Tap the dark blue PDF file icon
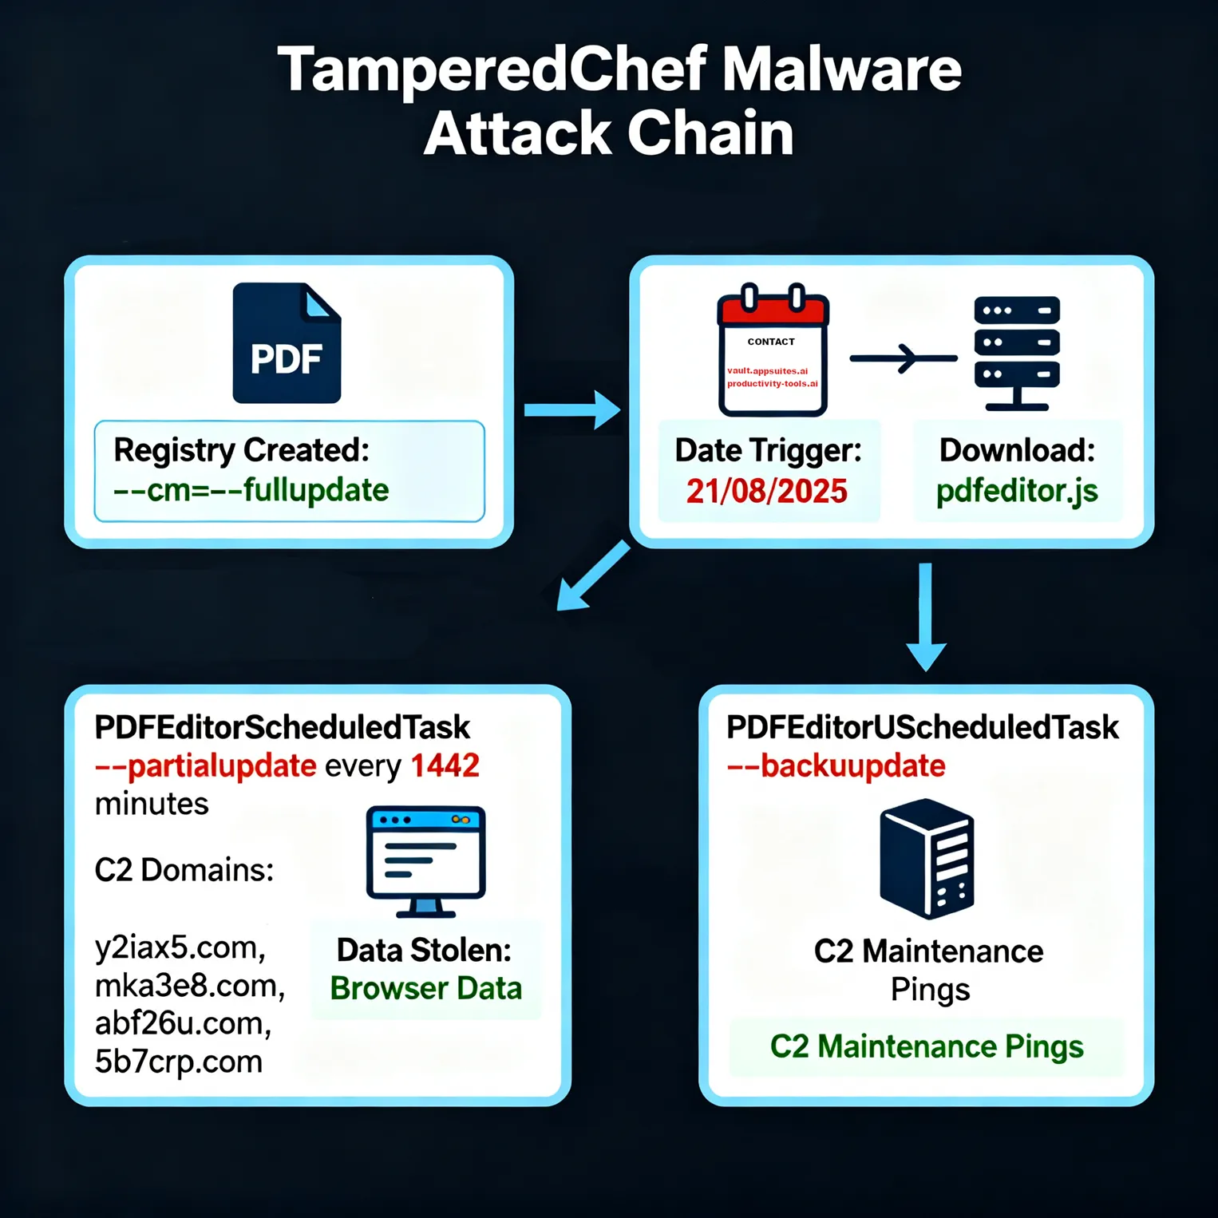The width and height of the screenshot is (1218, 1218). coord(287,343)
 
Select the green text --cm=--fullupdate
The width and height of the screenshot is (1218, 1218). coord(251,489)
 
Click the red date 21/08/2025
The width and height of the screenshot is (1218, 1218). coord(766,491)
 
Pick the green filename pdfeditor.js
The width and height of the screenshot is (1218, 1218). coord(1017,491)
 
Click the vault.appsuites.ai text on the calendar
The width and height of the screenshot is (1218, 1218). coord(767,370)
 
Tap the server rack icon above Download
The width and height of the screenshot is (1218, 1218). coord(1017,352)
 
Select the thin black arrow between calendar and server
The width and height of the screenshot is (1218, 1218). coord(903,358)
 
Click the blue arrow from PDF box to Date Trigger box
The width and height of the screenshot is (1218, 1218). coord(571,409)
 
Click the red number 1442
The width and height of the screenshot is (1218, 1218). coord(445,765)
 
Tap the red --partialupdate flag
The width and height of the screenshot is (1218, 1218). coord(205,766)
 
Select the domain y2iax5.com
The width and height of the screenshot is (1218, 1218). coord(180,947)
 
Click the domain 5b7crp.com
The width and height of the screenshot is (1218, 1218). coord(178,1062)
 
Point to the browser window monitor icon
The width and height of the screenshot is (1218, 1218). coord(425,860)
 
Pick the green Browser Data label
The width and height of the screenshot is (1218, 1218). coord(425,988)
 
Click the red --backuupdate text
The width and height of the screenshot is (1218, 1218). coord(836,765)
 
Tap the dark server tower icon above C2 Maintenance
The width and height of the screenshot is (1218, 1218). coord(927,859)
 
